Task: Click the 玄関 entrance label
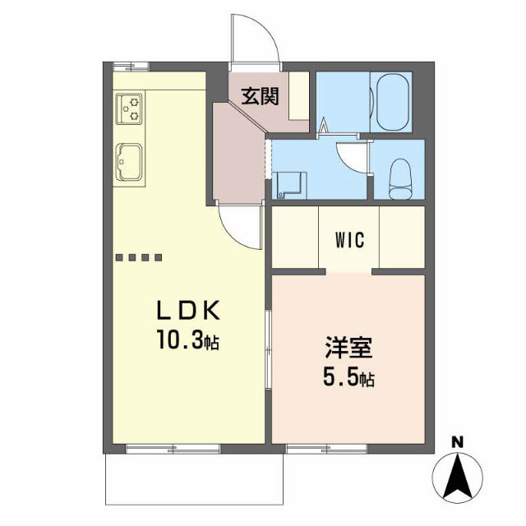click(261, 97)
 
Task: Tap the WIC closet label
click(350, 240)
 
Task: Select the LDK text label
click(188, 311)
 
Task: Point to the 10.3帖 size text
click(188, 339)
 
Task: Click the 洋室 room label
click(348, 348)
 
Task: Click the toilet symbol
click(400, 179)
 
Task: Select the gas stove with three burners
click(129, 108)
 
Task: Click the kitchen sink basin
click(129, 163)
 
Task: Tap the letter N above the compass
click(457, 442)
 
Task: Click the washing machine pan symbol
click(289, 186)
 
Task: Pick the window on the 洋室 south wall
click(327, 449)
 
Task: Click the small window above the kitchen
click(131, 67)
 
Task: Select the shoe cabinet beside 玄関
click(299, 96)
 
